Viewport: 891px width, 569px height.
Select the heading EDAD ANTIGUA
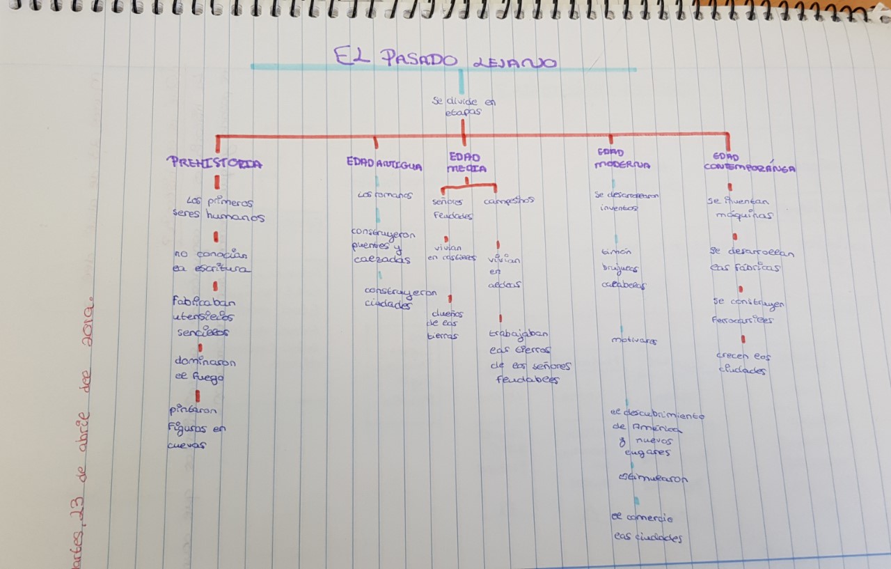coord(384,165)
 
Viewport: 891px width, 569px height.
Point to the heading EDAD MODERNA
coord(622,159)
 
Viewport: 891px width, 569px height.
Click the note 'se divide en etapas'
coord(464,107)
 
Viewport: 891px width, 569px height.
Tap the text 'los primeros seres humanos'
coord(219,208)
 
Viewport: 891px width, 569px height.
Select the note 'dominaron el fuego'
coord(205,369)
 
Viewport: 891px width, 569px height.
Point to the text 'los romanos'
coord(384,196)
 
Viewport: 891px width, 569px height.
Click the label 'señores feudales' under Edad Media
coord(452,208)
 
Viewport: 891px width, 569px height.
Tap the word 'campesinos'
coord(509,201)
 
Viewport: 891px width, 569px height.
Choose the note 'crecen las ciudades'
coord(743,363)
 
